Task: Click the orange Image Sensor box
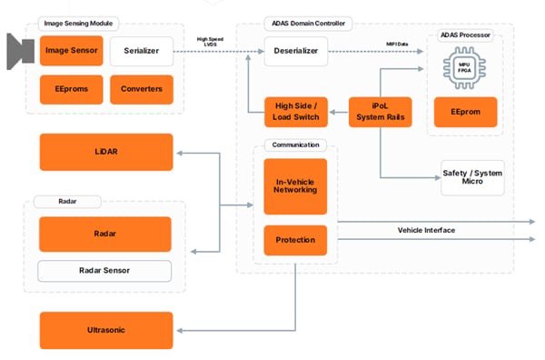71,51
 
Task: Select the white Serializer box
141,51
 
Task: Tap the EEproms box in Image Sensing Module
71,89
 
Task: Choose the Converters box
141,89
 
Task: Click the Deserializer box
295,51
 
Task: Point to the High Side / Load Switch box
295,111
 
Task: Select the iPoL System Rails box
381,111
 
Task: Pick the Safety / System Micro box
471,177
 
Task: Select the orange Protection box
295,240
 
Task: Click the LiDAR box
105,152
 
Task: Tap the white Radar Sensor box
104,271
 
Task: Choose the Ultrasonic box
105,330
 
